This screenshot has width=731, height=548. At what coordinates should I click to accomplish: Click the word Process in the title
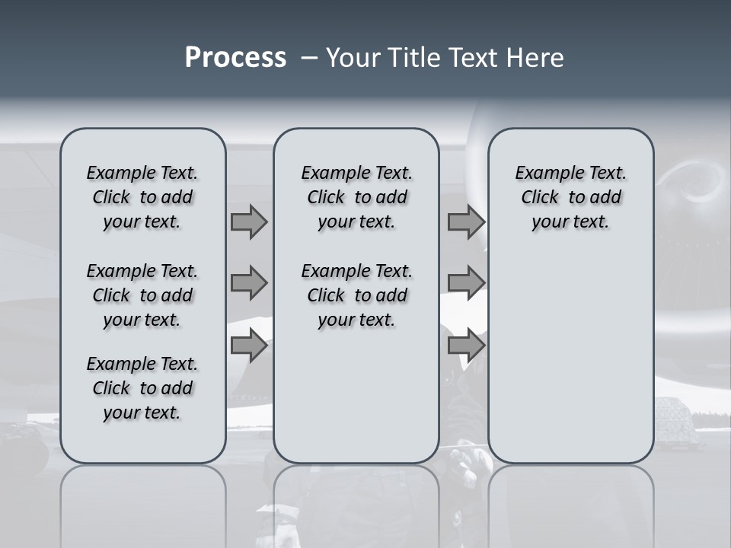tap(235, 58)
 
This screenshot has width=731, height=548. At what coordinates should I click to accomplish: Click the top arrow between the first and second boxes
tap(249, 222)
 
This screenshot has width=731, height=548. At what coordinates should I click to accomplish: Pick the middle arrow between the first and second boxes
tap(249, 283)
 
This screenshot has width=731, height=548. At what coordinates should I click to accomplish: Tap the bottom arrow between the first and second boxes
tap(249, 346)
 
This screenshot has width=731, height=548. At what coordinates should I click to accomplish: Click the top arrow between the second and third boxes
tap(466, 222)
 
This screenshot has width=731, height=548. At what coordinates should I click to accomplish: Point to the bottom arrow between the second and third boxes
tap(466, 346)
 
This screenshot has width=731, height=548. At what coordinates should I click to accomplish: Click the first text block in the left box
tap(142, 197)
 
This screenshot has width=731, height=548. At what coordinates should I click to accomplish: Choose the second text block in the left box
tap(142, 295)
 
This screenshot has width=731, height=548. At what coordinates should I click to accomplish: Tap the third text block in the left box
tap(142, 388)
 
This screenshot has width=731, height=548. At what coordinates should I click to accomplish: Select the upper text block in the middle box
tap(356, 197)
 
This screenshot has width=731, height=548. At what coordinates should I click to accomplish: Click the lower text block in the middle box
tap(356, 295)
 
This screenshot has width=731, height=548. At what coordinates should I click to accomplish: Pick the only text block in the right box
tap(570, 197)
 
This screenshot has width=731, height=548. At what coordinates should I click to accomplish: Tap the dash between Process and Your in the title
tap(309, 58)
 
